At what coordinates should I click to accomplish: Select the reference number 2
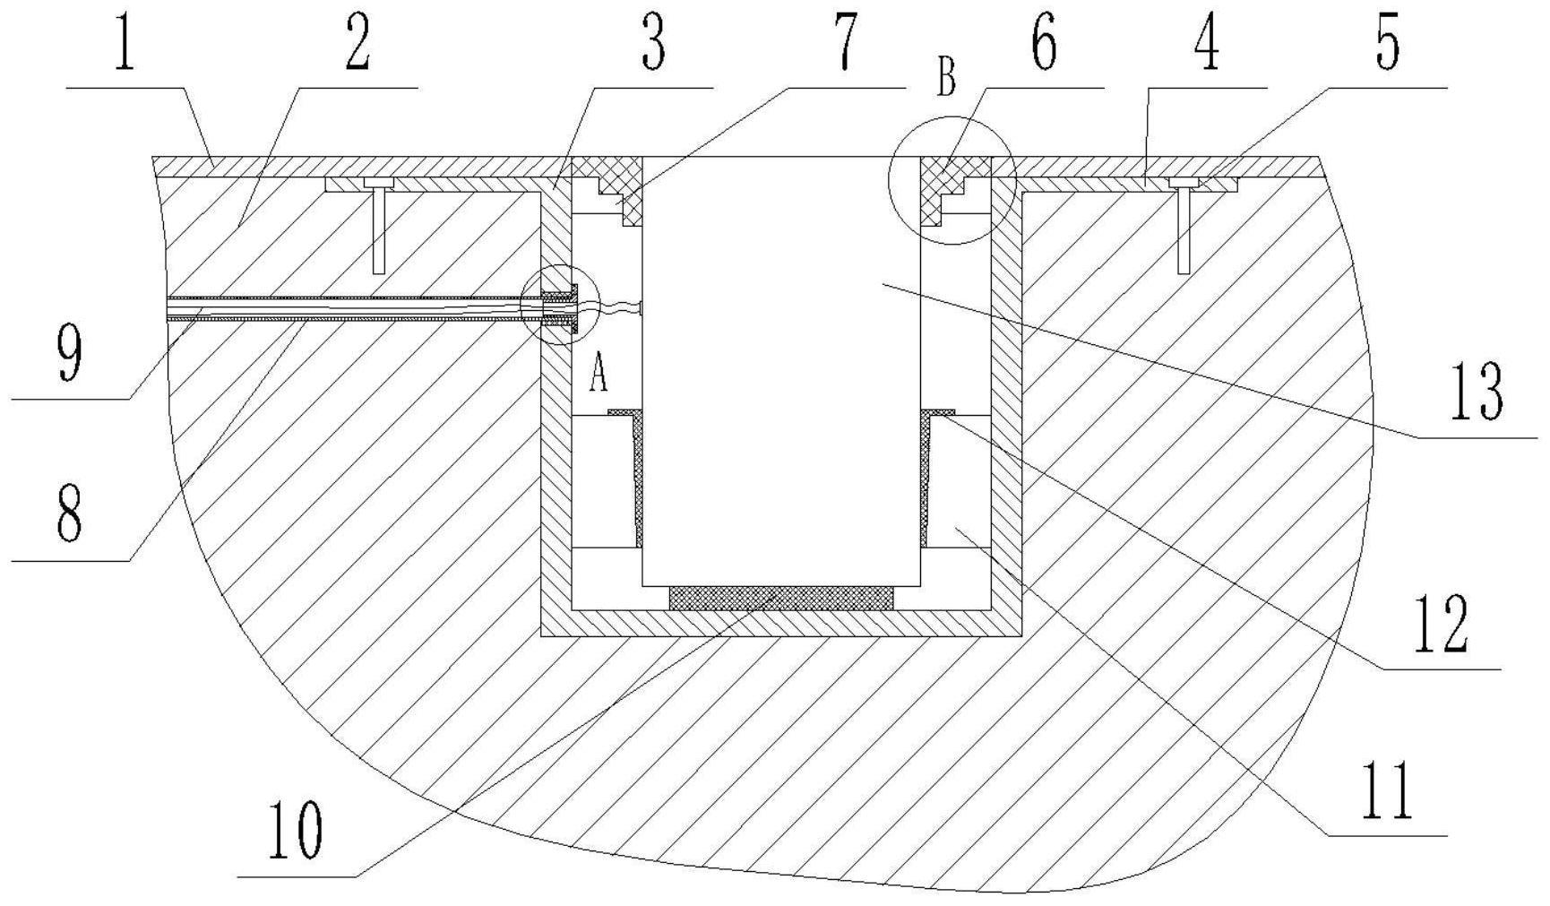coord(358,45)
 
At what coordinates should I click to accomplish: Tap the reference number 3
coord(653,45)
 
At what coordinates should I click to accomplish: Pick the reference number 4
coord(1208,45)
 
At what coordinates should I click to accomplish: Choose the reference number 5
coord(1387,45)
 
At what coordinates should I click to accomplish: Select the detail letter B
coord(946,78)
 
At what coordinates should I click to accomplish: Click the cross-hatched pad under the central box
coord(780,598)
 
